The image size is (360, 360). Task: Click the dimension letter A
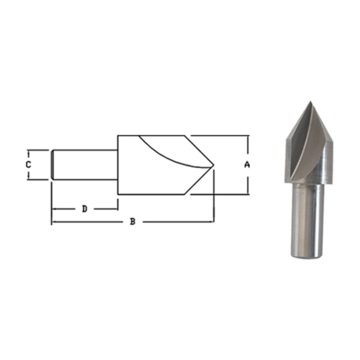247,165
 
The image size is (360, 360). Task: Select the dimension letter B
132,222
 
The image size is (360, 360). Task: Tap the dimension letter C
28,165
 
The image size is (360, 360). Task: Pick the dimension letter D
84,209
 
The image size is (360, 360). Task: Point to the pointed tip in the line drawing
214,165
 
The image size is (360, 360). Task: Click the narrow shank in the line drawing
85,164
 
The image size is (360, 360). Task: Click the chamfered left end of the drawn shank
52,164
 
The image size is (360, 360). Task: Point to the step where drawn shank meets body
118,164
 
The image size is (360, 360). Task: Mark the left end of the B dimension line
52,222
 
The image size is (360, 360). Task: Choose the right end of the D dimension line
117,209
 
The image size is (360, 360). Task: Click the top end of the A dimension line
247,136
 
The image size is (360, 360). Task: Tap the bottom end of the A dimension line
247,194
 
